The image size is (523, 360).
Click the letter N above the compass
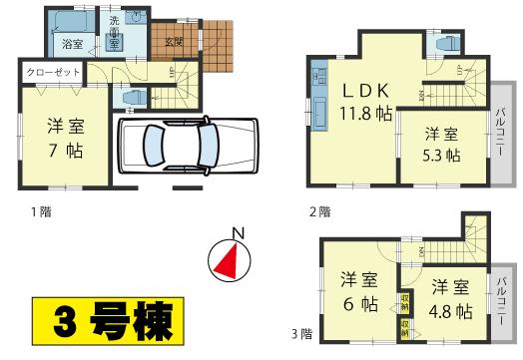(237, 233)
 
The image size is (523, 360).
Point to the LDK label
(354, 91)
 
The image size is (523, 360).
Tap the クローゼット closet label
(48, 73)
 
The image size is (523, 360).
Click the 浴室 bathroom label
(71, 45)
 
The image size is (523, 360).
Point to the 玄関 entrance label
(174, 42)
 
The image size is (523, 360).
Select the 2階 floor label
(319, 211)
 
